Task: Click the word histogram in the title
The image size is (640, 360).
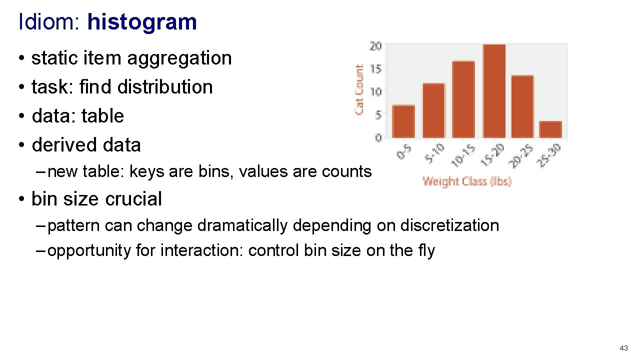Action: pos(142,22)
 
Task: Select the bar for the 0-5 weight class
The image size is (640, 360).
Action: pos(403,121)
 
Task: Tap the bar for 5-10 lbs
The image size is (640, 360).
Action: pos(433,110)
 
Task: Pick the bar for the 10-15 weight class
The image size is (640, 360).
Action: pos(463,99)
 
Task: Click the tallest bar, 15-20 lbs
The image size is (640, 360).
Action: pos(494,91)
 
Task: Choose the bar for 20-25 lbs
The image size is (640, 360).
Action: pos(522,106)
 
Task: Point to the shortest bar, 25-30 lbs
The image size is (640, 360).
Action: pos(550,129)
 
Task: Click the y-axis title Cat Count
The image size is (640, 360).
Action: pos(359,89)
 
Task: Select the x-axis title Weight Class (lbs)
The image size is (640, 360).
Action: pos(467,181)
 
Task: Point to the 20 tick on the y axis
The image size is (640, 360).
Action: pos(375,46)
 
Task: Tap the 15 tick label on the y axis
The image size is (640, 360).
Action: pos(375,68)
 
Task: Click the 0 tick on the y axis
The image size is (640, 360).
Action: pos(378,137)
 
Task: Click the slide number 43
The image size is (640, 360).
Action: pos(623,348)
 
